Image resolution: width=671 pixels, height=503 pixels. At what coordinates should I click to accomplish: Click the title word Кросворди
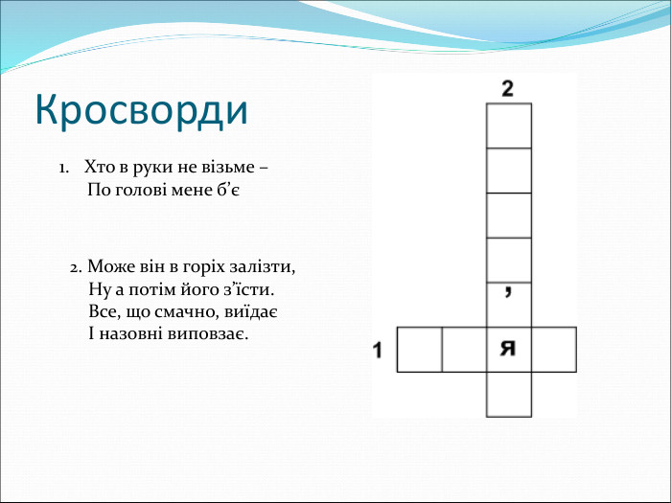[x=142, y=110]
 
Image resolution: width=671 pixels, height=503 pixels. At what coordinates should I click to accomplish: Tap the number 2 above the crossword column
[x=507, y=88]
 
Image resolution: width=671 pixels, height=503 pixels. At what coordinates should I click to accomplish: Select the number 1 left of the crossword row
[x=377, y=350]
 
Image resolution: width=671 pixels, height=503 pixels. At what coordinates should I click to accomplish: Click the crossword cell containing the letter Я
[x=509, y=350]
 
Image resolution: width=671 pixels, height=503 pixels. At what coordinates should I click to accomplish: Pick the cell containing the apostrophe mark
[x=509, y=305]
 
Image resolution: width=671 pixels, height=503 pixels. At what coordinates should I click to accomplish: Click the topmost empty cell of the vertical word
[x=509, y=126]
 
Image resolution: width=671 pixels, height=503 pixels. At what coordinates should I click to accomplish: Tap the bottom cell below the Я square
[x=509, y=395]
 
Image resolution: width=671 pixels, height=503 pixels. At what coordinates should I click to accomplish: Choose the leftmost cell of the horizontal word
[x=420, y=350]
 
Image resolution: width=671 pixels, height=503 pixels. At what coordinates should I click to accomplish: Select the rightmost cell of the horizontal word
[x=554, y=350]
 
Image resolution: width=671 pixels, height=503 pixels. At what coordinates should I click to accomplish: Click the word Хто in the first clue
[x=100, y=167]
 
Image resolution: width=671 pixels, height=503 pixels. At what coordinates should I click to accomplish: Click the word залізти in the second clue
[x=262, y=267]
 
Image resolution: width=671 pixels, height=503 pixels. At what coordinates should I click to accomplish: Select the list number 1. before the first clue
[x=64, y=168]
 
